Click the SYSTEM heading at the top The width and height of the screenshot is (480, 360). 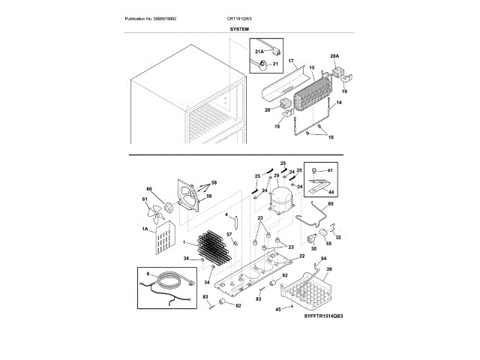click(240, 28)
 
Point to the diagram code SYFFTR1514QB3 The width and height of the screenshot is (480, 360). click(325, 318)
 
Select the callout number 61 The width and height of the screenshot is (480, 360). click(146, 199)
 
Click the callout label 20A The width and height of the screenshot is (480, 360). click(334, 56)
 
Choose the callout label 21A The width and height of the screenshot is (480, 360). click(259, 51)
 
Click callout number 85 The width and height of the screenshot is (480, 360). click(331, 204)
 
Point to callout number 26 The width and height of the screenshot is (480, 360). click(328, 269)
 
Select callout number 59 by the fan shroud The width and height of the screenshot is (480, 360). click(209, 196)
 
